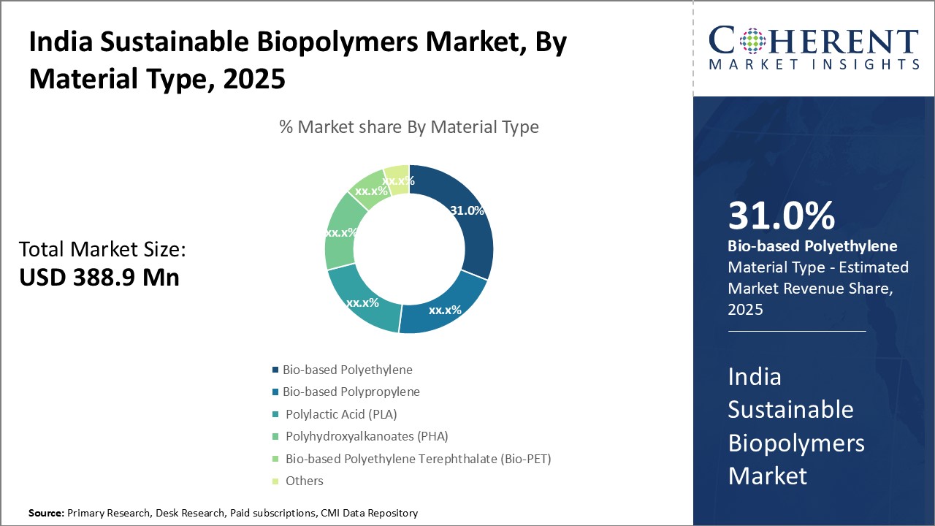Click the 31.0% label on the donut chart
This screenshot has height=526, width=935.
coord(467,210)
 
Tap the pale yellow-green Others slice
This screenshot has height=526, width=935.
coord(397,179)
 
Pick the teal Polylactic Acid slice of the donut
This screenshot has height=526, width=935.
coord(363,302)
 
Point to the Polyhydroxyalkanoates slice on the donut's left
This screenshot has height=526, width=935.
coord(339,232)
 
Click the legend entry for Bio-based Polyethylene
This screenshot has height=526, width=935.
coord(347,370)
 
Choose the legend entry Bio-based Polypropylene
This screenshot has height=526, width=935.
coord(351,392)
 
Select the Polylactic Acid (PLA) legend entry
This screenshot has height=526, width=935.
coord(340,414)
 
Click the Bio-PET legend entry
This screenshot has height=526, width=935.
coord(418,459)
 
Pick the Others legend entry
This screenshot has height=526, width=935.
coord(304,481)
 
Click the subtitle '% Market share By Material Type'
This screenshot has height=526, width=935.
coord(409,127)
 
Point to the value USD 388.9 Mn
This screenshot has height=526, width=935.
coord(99,278)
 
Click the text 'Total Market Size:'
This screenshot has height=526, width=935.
coord(102,250)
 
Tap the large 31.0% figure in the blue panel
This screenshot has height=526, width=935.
coord(782,216)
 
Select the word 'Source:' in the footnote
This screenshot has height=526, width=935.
coord(46,514)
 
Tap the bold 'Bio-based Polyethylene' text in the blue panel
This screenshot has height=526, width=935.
coord(812,246)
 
